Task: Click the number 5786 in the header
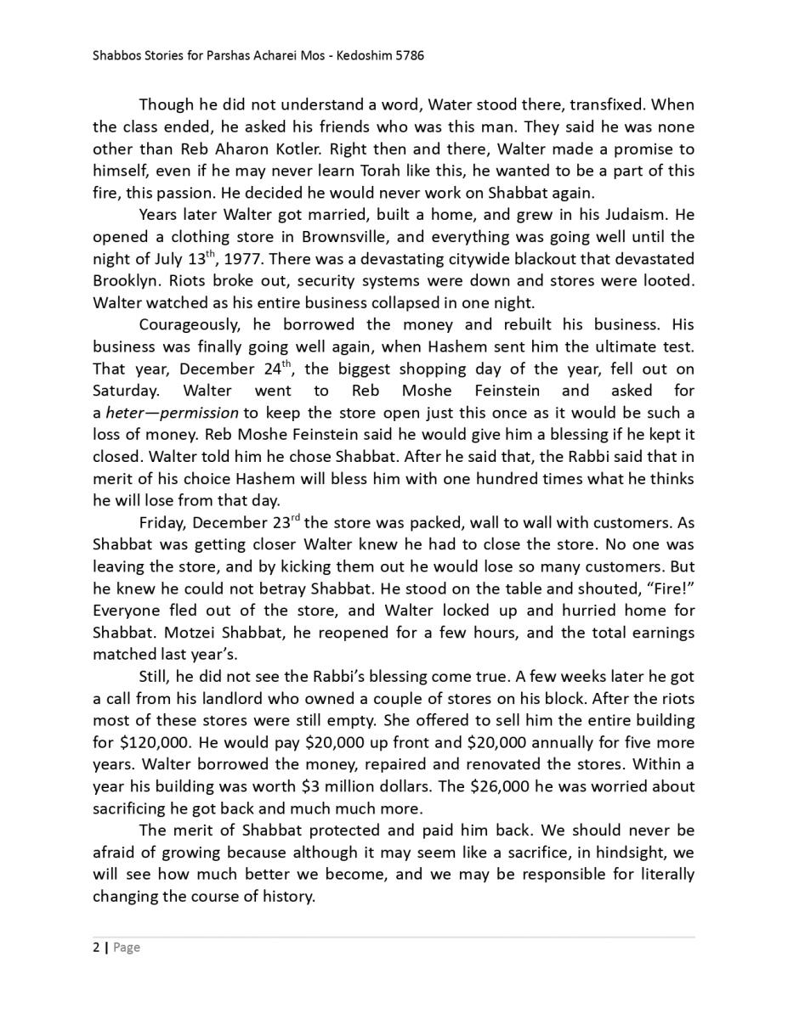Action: click(407, 56)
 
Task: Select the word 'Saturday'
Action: click(125, 391)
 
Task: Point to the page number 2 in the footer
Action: click(96, 948)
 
